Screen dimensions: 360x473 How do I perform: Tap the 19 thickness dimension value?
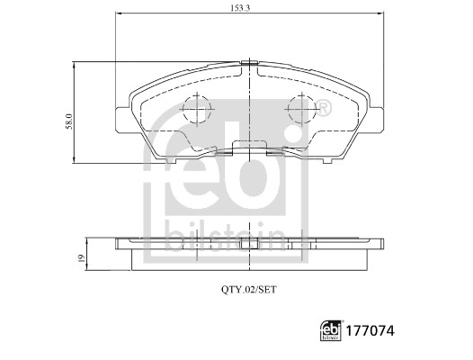[79, 258]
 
